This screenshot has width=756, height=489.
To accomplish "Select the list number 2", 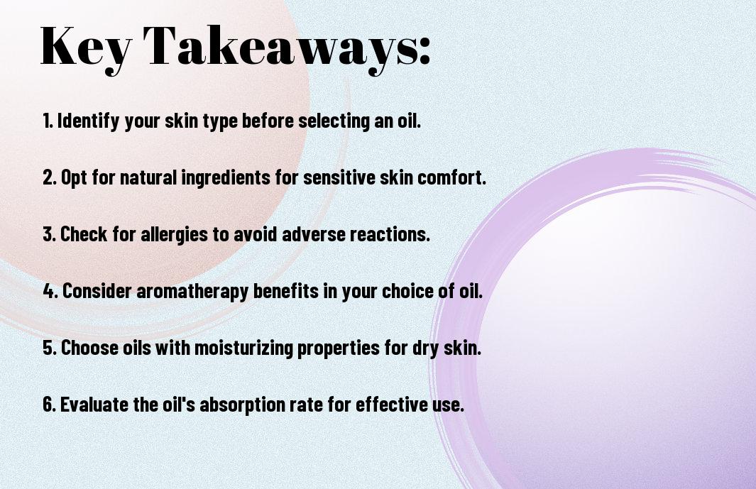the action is point(49,177).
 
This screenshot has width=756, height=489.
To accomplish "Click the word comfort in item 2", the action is point(451,177).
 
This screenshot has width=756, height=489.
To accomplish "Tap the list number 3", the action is point(49,234).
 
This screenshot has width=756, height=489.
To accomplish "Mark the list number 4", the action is point(50,291).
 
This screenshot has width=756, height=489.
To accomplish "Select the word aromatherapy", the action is point(192,291).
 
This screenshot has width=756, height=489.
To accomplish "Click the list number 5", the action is point(50,348).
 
